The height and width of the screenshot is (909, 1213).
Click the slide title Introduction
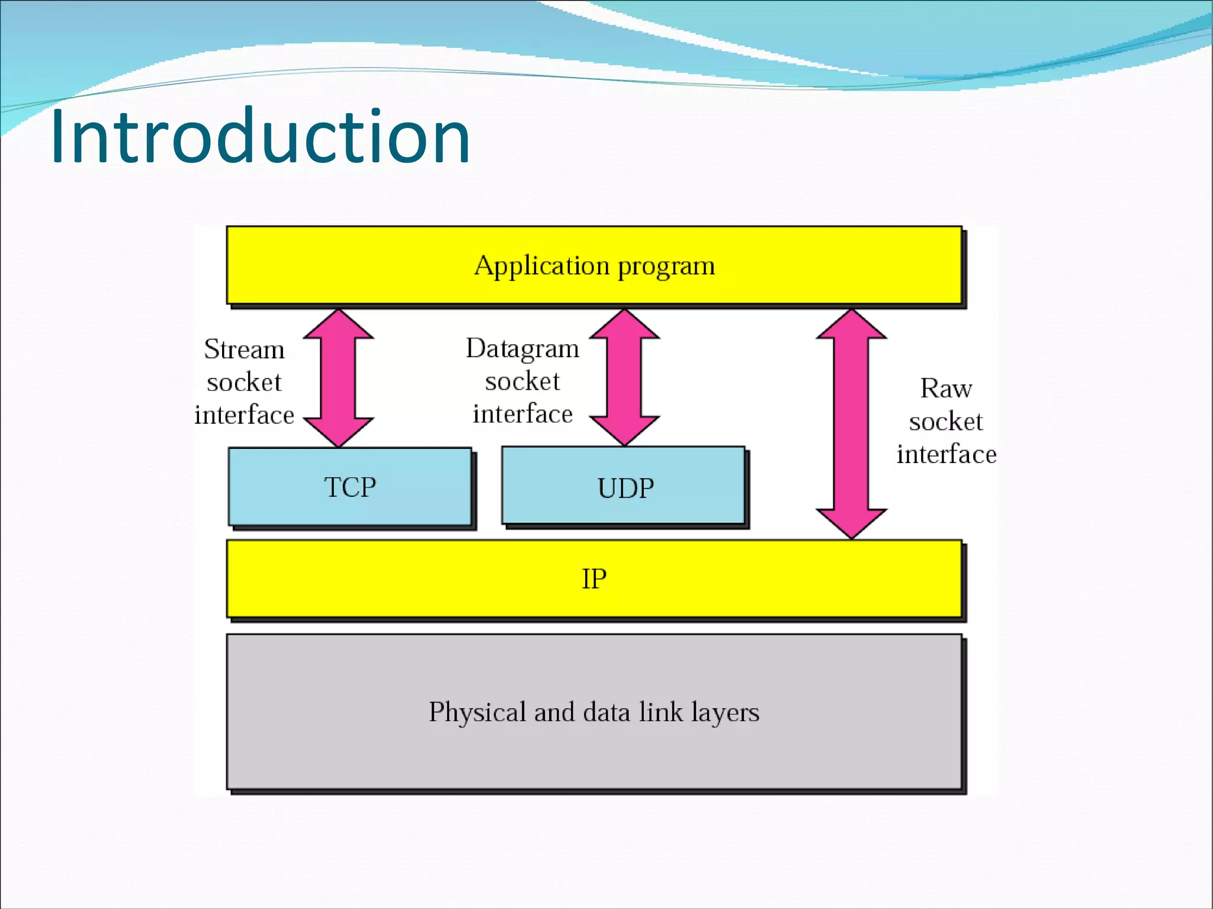tap(261, 137)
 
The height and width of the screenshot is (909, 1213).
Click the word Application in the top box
tap(541, 266)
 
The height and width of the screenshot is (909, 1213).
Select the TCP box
tap(349, 487)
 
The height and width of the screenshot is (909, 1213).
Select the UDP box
tap(625, 487)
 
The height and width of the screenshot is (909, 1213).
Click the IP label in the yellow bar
tap(594, 579)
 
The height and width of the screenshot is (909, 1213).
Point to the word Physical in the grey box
tap(477, 712)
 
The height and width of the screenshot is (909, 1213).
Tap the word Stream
tap(244, 349)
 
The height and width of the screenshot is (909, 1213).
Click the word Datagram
tap(522, 348)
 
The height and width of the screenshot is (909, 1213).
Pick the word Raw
tap(946, 388)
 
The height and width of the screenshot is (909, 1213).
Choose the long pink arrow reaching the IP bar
tap(851, 423)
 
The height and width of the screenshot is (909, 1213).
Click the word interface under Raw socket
tap(946, 454)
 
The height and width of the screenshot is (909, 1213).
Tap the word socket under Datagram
tap(522, 381)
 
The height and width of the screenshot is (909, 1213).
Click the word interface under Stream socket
tap(244, 415)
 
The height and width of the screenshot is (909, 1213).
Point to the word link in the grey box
tap(660, 712)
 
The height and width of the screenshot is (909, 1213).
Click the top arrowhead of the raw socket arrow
tap(851, 326)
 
